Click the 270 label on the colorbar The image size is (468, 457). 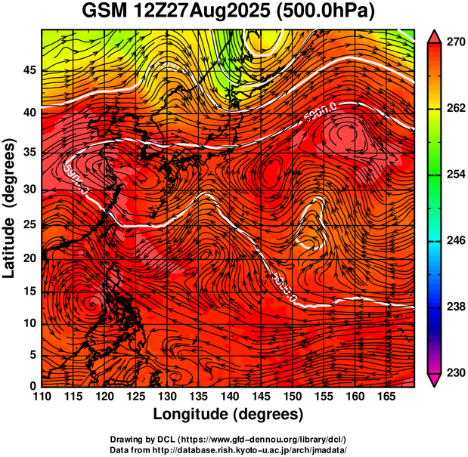tap(455, 43)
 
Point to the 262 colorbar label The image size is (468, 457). tap(455, 109)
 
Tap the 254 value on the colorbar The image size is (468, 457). tap(455, 174)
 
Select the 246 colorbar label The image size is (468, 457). tap(455, 240)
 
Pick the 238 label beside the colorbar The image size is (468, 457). tap(455, 307)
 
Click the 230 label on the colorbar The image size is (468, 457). tap(455, 372)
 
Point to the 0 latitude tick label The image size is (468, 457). tap(33, 386)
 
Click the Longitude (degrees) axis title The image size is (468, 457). tap(228, 414)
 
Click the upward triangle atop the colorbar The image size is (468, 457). tap(435, 36)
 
